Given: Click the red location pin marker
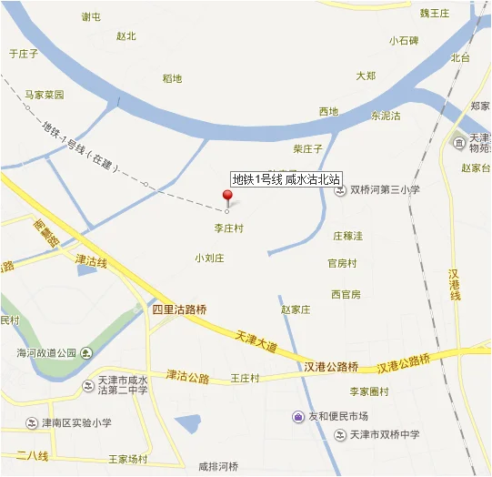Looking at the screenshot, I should click(227, 197).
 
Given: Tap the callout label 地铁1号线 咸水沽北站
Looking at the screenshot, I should click(286, 179).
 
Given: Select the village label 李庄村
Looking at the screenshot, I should click(228, 228).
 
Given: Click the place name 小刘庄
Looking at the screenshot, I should click(209, 258).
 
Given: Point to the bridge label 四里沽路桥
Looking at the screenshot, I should click(179, 310).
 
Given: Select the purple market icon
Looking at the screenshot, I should click(298, 417).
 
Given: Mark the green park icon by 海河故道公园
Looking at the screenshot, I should click(85, 353).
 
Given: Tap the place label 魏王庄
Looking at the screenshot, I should click(435, 13).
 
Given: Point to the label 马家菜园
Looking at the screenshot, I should click(45, 95).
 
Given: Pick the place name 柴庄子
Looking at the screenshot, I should click(308, 147).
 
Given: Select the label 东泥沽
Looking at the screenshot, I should click(386, 116).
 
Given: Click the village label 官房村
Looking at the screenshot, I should click(342, 264).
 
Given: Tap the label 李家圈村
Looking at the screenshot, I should click(369, 391).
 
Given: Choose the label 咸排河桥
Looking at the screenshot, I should click(218, 467).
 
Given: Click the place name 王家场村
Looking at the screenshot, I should click(127, 459).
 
